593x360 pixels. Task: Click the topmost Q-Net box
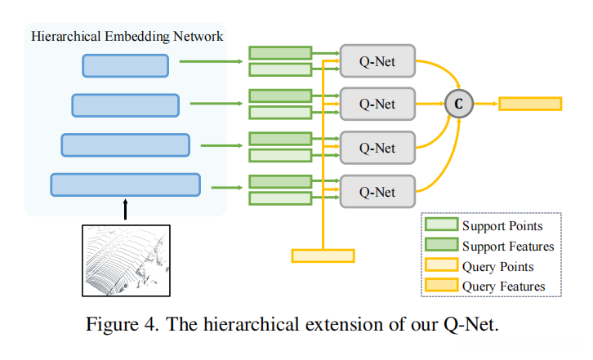point(377,60)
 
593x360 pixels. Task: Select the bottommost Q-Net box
point(377,192)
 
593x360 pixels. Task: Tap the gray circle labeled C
point(457,104)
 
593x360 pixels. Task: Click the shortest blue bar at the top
point(125,65)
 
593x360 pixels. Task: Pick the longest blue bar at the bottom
point(125,184)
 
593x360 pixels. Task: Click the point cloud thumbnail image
point(125,259)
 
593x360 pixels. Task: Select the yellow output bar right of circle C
point(530,104)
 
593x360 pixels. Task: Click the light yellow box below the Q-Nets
point(323,256)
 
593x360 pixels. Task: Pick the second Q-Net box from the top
point(377,104)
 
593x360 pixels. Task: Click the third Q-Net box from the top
point(377,149)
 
